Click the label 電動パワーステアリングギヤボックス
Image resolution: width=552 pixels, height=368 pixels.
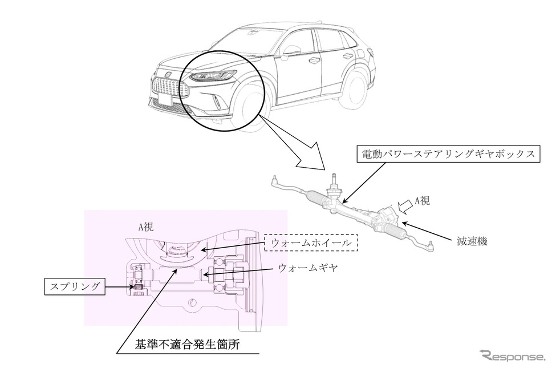click(x=448, y=155)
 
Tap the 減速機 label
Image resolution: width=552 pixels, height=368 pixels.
click(x=470, y=241)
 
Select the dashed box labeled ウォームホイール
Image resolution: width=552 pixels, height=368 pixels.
click(x=311, y=243)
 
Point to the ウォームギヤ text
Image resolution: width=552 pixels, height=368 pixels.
click(x=308, y=267)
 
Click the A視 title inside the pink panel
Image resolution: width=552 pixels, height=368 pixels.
click(x=145, y=227)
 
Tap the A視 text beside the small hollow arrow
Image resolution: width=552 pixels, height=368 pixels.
click(x=422, y=200)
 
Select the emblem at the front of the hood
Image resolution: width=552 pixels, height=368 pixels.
click(x=168, y=74)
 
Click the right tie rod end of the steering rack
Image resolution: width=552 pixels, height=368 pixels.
click(x=431, y=247)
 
